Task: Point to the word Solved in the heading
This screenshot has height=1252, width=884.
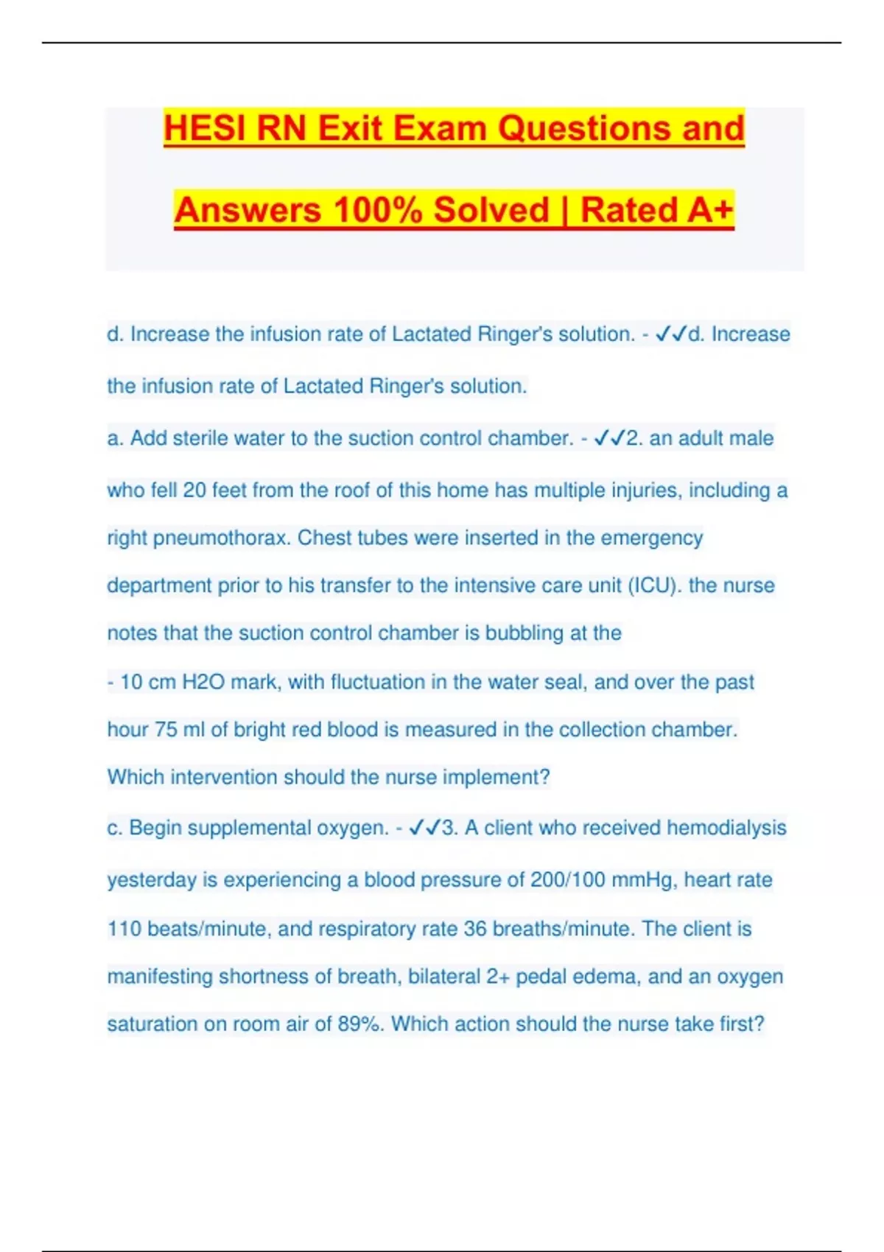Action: click(491, 210)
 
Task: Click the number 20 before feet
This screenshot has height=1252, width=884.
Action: click(194, 490)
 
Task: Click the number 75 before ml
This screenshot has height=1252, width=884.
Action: click(166, 730)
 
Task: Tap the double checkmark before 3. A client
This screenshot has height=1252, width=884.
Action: click(424, 828)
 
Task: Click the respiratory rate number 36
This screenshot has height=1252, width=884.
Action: click(475, 929)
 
